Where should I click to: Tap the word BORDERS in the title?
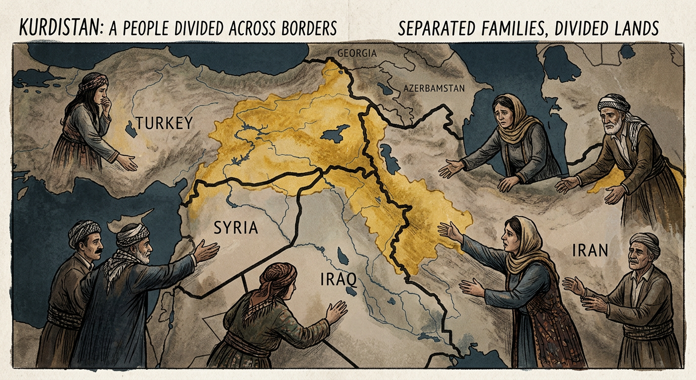[304, 28]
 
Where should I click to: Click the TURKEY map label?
[165, 123]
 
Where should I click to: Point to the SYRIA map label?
[236, 228]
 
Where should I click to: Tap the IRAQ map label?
[338, 280]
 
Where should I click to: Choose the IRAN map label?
[590, 250]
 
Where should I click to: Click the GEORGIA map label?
[357, 53]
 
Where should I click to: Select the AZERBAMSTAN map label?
[434, 89]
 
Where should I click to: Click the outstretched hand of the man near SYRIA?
[207, 250]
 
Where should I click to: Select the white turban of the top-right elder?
[614, 103]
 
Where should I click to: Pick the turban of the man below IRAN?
[645, 240]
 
